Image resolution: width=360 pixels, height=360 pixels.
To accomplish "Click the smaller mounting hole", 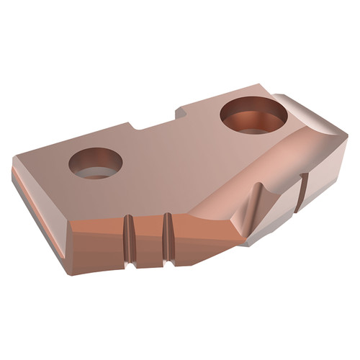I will (x=96, y=163).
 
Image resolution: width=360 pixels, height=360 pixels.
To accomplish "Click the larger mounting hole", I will (x=254, y=115).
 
